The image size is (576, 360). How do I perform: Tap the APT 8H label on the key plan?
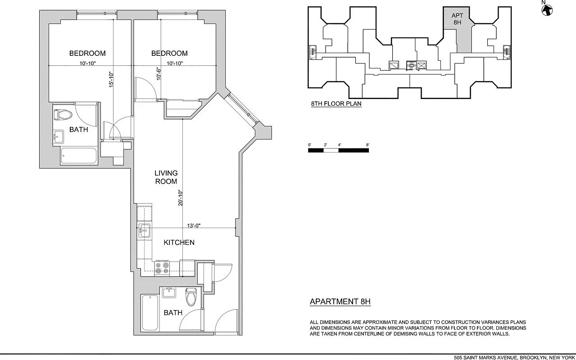(x=457, y=19)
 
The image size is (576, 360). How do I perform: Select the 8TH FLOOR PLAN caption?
(x=336, y=103)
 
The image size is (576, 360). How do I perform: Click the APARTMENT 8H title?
(x=340, y=301)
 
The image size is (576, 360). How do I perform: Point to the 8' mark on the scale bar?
(x=368, y=145)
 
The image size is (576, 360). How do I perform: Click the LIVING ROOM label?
(x=166, y=177)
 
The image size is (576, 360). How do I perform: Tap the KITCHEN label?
(x=179, y=243)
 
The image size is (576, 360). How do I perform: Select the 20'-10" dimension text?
(x=181, y=198)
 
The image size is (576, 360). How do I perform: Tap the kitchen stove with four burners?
(x=162, y=268)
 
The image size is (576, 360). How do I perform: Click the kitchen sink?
(x=145, y=232)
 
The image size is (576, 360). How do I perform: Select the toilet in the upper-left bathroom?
(x=63, y=115)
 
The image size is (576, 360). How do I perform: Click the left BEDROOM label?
(x=87, y=54)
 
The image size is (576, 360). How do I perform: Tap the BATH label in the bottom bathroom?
(x=173, y=313)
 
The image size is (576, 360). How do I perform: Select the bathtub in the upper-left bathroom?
(x=79, y=157)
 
